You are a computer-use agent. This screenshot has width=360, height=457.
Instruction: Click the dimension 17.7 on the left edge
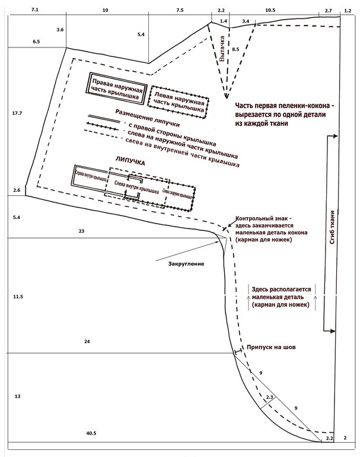[16, 113]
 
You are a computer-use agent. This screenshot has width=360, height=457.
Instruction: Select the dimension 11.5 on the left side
[17, 296]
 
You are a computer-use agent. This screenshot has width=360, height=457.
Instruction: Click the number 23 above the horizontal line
[81, 230]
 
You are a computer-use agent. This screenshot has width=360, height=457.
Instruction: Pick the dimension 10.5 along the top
[270, 11]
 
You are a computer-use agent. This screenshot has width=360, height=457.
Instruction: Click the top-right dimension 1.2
[348, 11]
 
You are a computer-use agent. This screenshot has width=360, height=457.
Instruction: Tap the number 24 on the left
[87, 342]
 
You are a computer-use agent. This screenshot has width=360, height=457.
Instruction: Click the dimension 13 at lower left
[17, 396]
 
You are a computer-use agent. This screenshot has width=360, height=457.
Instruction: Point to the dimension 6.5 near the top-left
[36, 42]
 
